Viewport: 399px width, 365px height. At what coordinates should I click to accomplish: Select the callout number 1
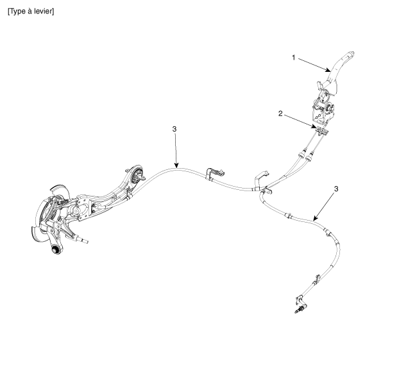[x=294, y=58]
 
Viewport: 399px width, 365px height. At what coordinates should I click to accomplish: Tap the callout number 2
[x=280, y=114]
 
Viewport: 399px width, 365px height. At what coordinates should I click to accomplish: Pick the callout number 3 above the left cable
[x=174, y=130]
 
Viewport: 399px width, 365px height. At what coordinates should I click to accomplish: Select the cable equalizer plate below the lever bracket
[x=320, y=132]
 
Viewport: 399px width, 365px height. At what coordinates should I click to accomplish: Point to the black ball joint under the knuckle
[x=56, y=248]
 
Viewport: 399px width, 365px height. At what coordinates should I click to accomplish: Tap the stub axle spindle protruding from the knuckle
[x=82, y=239]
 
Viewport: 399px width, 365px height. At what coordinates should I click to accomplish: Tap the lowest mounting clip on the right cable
[x=300, y=296]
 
